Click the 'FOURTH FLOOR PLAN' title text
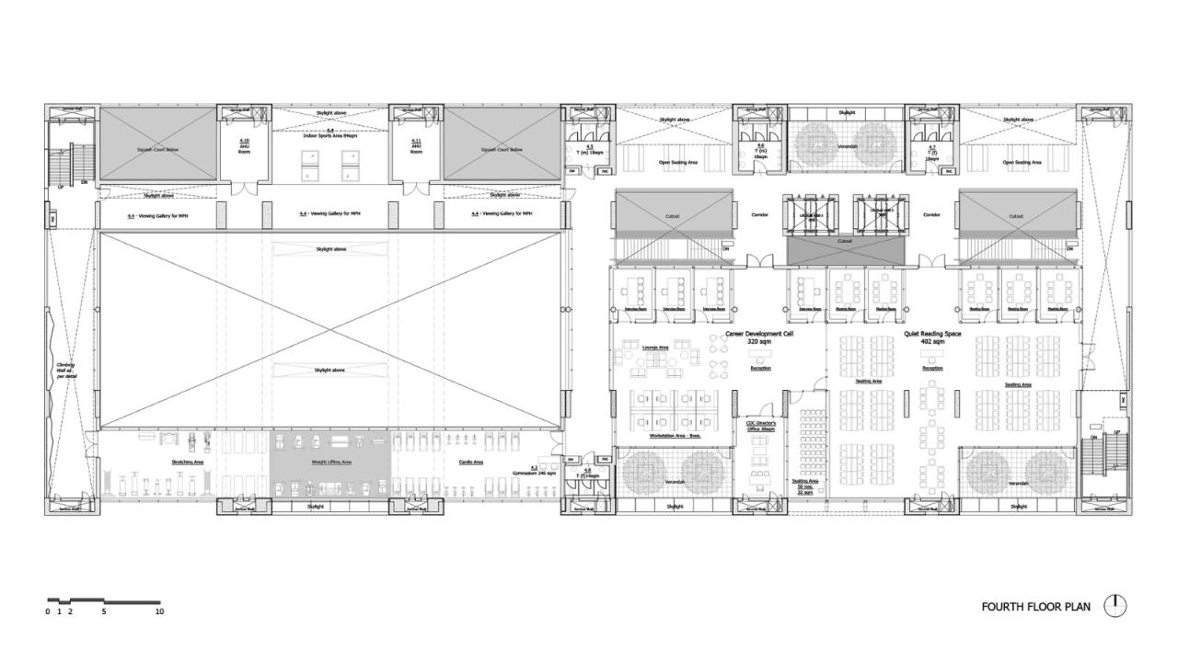pos(1035,607)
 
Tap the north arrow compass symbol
pos(1115,605)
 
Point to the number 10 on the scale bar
pos(159,611)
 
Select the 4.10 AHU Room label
pos(244,146)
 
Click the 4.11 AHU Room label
pos(416,146)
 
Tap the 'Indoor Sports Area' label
pos(330,134)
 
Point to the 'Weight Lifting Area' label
pos(329,463)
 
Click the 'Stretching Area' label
pos(187,463)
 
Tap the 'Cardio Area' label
pos(471,463)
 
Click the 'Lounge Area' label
pos(655,348)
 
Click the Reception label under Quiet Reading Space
pos(932,368)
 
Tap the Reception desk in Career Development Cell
pos(760,368)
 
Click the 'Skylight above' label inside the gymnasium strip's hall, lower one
pos(330,370)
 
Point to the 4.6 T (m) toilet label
pos(760,150)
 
